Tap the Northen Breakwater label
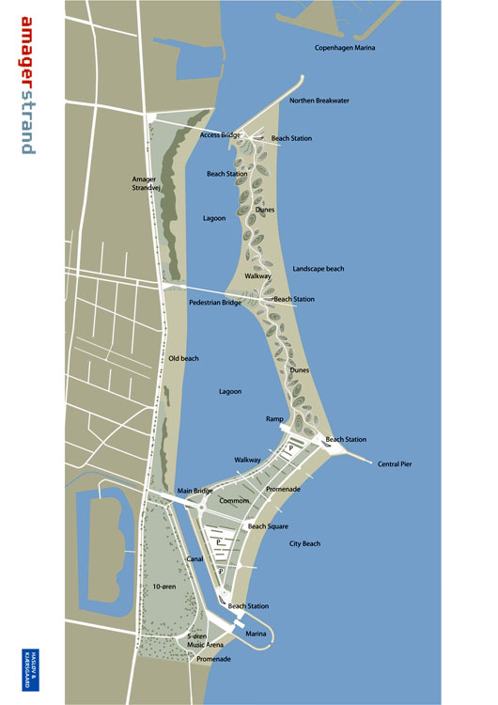(321, 100)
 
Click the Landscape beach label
(318, 269)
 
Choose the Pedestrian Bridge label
(215, 304)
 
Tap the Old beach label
(184, 358)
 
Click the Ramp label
(274, 419)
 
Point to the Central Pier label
(395, 464)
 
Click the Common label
(234, 501)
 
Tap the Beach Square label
(269, 526)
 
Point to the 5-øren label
(197, 636)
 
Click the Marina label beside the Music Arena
(256, 635)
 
